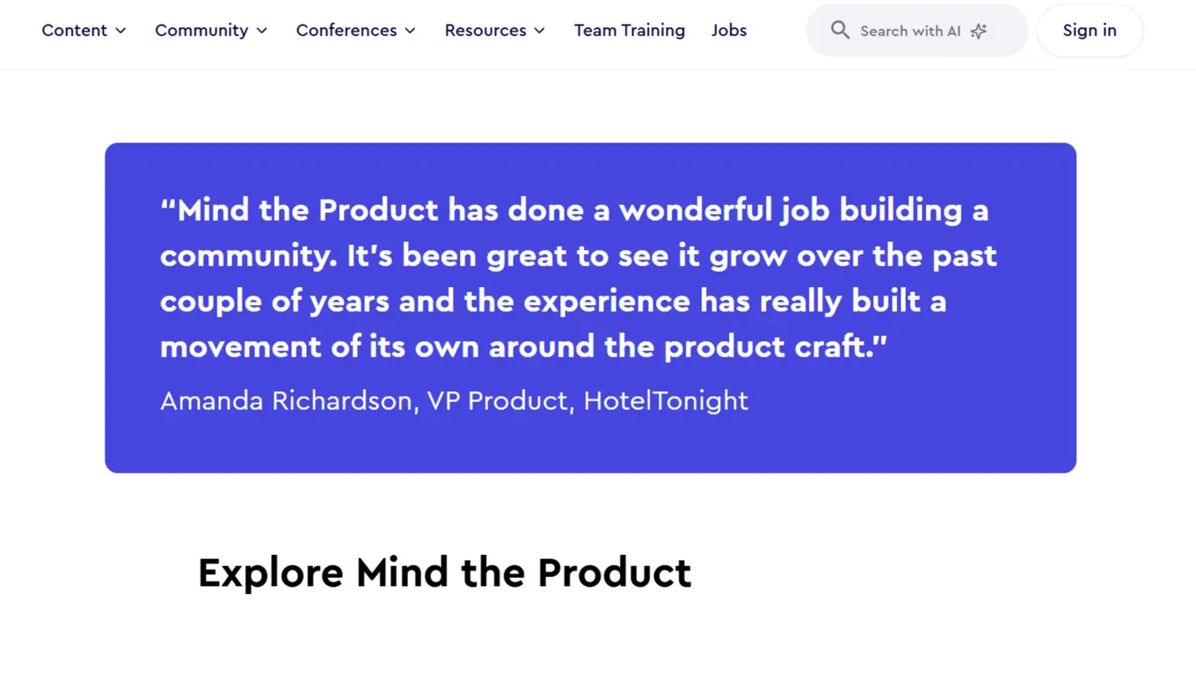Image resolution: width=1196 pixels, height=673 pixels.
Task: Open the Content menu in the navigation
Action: click(75, 31)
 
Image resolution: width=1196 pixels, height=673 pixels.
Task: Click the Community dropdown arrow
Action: click(262, 31)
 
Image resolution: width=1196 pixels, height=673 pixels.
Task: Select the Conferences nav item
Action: click(346, 31)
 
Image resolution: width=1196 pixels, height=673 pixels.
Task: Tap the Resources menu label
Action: click(485, 31)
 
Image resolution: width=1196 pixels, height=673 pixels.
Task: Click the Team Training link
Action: click(629, 31)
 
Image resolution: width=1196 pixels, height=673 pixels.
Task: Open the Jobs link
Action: click(729, 31)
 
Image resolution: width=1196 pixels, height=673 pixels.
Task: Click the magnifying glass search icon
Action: click(840, 31)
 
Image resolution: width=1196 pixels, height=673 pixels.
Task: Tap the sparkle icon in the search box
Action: click(979, 32)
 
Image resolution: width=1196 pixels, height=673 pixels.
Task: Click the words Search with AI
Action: click(910, 32)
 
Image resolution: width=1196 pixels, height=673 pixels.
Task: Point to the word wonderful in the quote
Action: click(695, 210)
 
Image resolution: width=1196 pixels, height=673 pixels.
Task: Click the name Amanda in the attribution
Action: click(211, 401)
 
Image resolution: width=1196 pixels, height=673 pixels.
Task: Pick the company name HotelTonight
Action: click(666, 401)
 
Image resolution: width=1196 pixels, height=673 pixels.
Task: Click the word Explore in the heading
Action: click(270, 574)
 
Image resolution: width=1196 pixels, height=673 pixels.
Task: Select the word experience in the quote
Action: click(607, 302)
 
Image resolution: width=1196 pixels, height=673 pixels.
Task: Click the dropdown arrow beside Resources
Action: click(540, 31)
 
